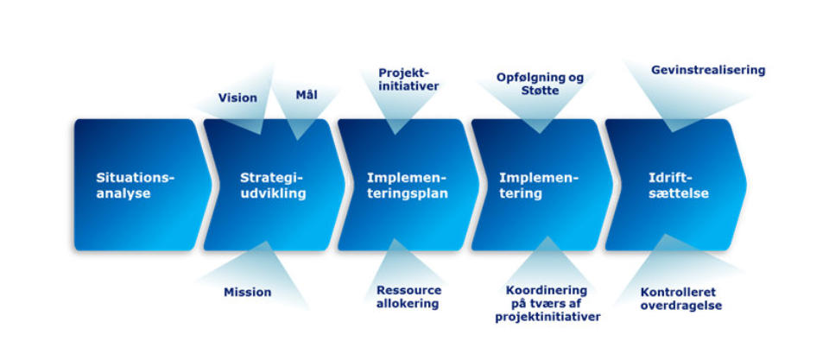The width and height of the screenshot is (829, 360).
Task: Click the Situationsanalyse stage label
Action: [136, 186]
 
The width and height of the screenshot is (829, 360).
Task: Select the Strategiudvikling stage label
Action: [273, 186]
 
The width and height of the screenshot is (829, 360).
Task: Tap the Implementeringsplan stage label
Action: [407, 186]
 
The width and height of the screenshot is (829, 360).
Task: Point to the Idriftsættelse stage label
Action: [679, 186]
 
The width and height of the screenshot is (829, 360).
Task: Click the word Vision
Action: [238, 98]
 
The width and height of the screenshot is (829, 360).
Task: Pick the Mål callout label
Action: [306, 95]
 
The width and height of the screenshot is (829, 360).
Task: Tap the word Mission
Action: [248, 292]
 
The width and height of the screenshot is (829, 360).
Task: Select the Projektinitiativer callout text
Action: [408, 79]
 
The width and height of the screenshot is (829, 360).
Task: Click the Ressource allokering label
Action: [408, 297]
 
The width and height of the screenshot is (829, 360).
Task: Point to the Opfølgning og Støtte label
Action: [540, 85]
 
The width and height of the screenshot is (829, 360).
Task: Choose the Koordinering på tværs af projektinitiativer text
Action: [547, 304]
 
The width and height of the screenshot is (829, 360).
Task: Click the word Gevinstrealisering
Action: [708, 70]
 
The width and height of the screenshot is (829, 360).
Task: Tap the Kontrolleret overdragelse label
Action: [680, 299]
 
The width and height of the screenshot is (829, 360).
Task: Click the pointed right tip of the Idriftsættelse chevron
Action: [746, 185]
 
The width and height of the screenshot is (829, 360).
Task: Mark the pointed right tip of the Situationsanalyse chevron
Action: [212, 185]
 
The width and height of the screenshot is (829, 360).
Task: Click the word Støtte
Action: [541, 92]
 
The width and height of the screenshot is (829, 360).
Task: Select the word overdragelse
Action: [681, 306]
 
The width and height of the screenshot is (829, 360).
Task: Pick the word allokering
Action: [408, 304]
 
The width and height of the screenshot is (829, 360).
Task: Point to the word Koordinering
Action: [547, 291]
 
